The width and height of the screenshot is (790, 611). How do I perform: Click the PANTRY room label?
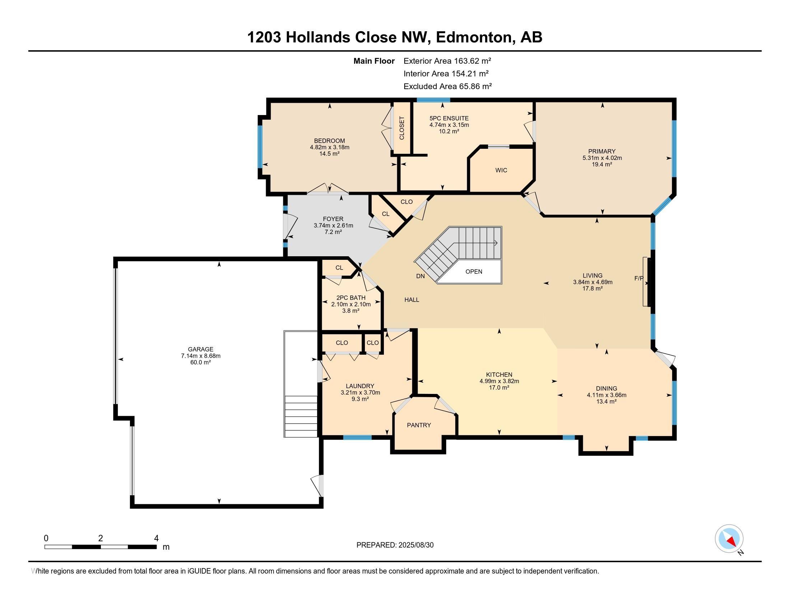[x=419, y=425]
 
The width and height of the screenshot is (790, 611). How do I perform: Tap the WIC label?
[x=501, y=170]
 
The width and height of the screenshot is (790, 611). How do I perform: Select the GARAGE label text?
[x=201, y=349]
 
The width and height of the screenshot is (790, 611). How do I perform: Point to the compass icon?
[x=729, y=539]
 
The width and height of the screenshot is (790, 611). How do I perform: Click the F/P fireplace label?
[x=639, y=278]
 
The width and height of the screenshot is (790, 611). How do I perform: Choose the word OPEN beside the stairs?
[x=474, y=271]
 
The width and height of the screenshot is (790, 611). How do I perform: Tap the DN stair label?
[x=420, y=276]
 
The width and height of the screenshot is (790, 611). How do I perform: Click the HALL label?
[x=412, y=300]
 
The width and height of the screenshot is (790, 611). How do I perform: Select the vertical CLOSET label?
[x=402, y=128]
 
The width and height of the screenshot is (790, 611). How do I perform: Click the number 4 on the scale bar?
[x=156, y=538]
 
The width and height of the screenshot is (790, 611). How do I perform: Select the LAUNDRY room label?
[x=360, y=386]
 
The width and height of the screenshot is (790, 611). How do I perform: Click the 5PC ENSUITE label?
[x=449, y=118]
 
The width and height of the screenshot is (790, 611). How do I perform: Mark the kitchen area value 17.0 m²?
[x=499, y=388]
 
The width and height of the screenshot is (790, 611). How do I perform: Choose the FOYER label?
[x=333, y=219]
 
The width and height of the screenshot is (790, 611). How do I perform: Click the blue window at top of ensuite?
[x=433, y=100]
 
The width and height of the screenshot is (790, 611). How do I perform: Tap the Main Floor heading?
[x=374, y=61]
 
